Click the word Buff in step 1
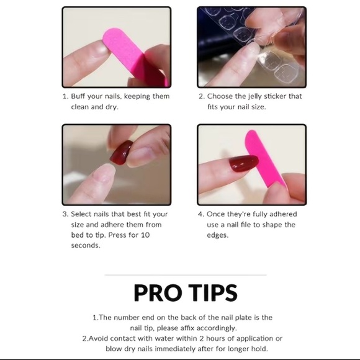[79, 97]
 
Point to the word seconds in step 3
[85, 246]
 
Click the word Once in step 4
[217, 214]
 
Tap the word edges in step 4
[218, 235]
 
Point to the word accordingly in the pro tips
[222, 328]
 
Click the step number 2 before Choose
[201, 97]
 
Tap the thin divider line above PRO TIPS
[180, 274]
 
